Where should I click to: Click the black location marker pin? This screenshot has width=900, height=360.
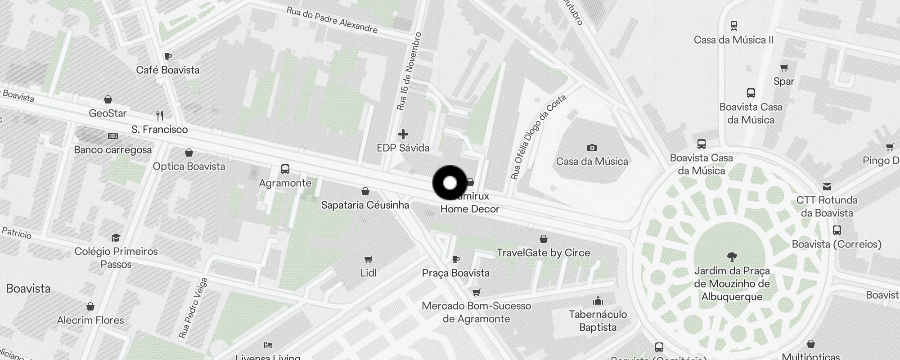click(450, 183)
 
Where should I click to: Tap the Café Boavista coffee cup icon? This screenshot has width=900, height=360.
click(168, 57)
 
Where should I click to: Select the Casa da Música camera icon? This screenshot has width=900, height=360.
click(592, 148)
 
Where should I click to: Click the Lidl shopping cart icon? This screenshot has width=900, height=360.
click(368, 259)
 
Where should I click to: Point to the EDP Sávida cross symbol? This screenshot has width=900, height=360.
click(403, 134)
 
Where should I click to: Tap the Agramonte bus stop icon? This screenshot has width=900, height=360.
click(285, 169)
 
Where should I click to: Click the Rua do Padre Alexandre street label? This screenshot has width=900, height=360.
click(332, 20)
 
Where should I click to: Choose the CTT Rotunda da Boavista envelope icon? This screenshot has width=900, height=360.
click(827, 186)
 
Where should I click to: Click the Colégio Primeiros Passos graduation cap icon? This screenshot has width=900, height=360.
click(116, 238)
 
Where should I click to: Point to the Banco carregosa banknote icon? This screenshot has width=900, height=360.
click(112, 136)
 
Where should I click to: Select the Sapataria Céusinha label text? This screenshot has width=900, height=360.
click(365, 205)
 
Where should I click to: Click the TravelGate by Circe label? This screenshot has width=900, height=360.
click(543, 253)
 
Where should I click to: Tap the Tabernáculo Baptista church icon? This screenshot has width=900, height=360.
click(598, 301)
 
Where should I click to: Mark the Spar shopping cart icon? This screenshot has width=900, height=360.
click(784, 68)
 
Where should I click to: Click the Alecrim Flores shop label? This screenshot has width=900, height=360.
click(90, 320)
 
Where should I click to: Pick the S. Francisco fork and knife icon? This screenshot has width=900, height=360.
click(160, 116)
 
